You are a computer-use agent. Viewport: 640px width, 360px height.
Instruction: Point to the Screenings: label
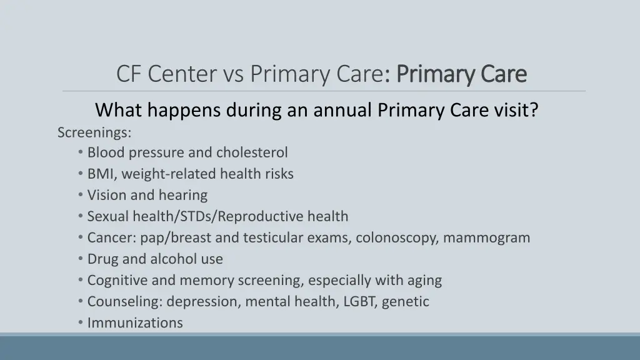(x=94, y=132)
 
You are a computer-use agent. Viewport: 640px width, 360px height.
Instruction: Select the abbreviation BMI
(x=99, y=174)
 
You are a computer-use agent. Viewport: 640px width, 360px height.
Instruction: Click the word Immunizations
(x=135, y=322)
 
